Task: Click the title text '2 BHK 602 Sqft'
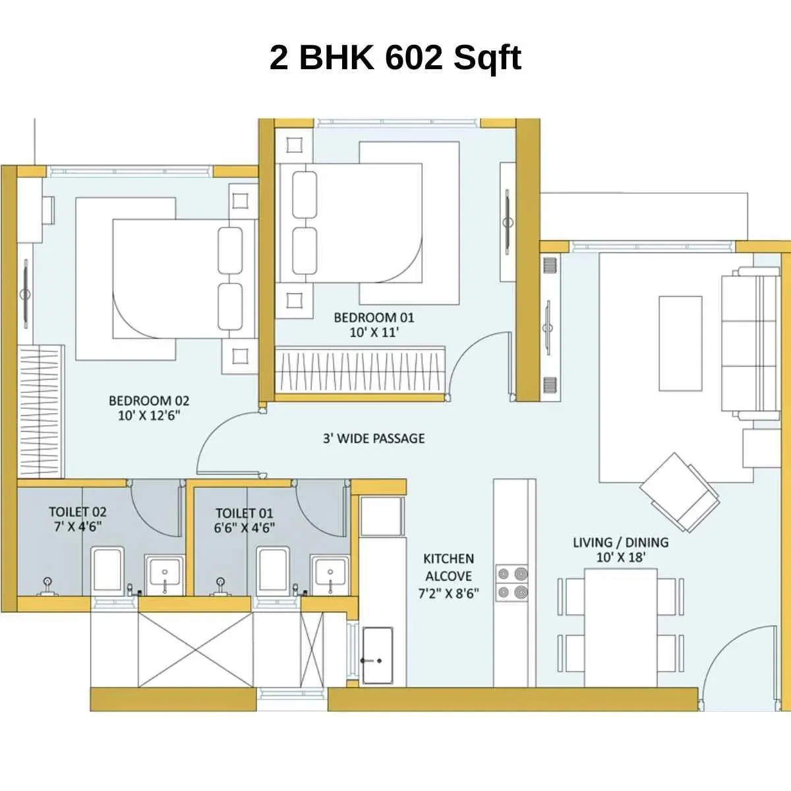coord(395,58)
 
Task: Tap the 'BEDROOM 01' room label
coord(374,317)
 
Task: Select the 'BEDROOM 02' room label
coord(148,400)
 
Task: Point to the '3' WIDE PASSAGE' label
coord(374,438)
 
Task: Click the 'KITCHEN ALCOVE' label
coord(448,568)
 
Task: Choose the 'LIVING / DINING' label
coord(620,542)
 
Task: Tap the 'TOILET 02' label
coord(77,512)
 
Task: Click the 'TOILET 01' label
coord(244,513)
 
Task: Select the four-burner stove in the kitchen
coord(512,583)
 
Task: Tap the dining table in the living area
coord(621,627)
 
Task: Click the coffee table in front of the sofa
coord(680,343)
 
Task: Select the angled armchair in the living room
coord(679,492)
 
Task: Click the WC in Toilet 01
coord(272,570)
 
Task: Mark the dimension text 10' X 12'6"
coord(148,415)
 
